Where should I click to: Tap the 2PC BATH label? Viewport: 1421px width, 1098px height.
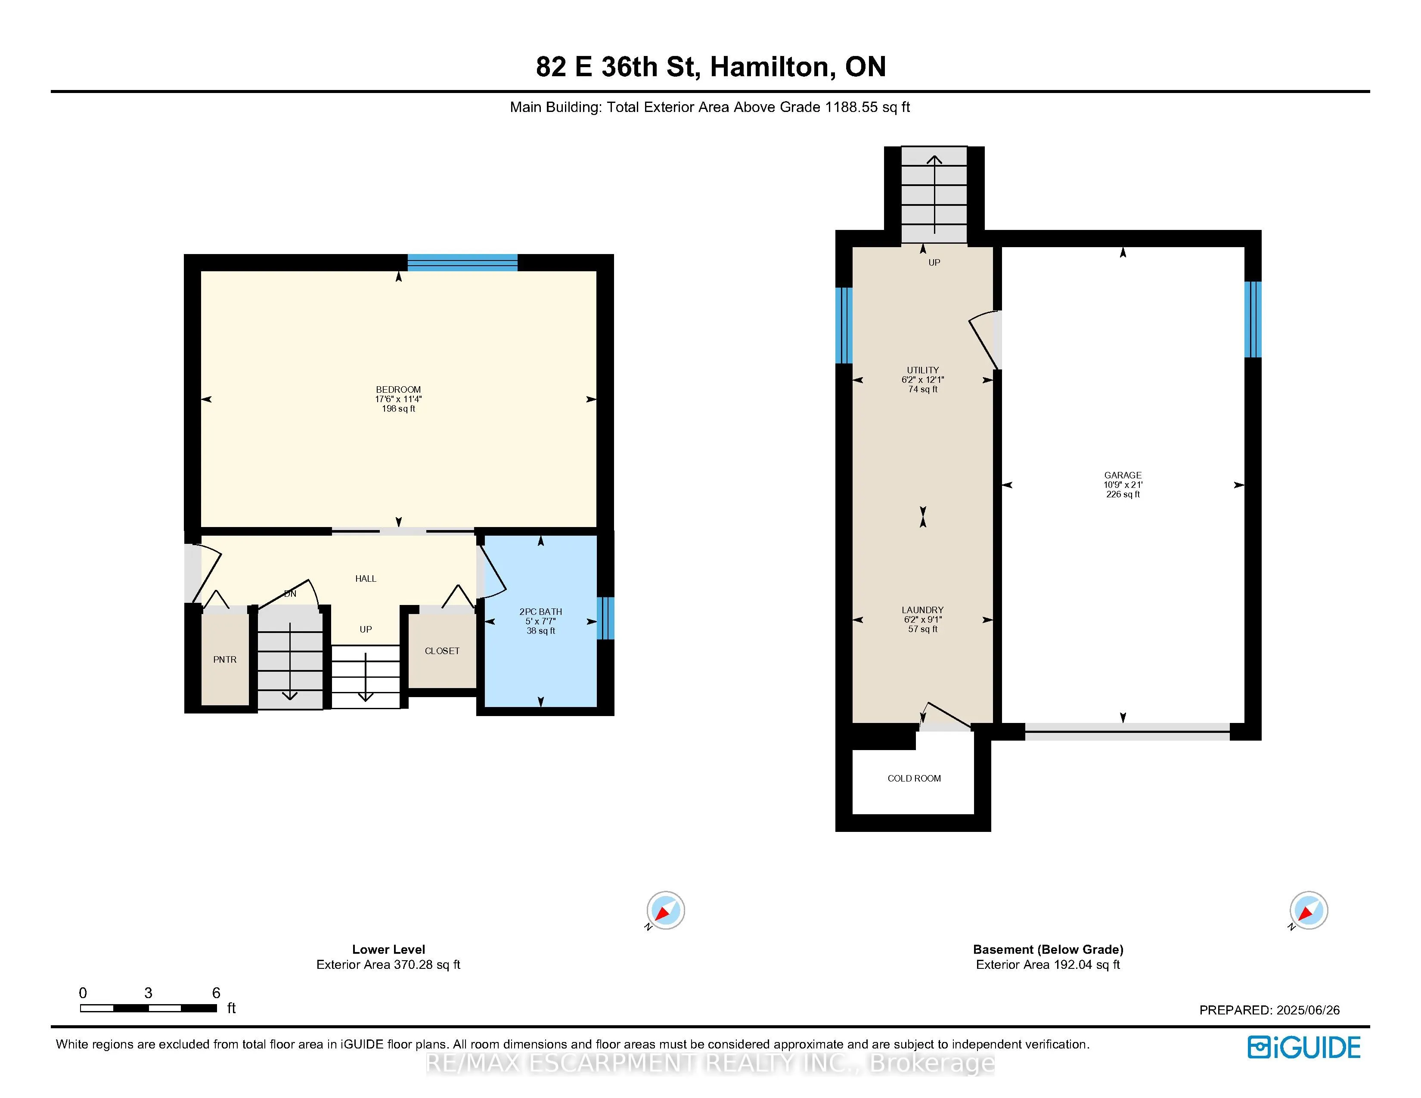[x=541, y=611]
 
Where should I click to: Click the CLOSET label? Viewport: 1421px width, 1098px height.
[x=442, y=651]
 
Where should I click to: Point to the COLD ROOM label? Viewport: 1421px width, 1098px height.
[x=914, y=779]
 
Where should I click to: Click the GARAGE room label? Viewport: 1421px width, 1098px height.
[x=1123, y=475]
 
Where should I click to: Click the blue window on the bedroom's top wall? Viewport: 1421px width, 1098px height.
[x=462, y=263]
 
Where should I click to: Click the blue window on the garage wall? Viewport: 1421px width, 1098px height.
[x=1253, y=319]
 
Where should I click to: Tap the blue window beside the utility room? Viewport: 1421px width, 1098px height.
[x=844, y=325]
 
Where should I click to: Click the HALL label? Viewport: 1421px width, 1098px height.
[x=366, y=579]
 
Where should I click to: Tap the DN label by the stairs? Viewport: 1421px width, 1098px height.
[x=290, y=594]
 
